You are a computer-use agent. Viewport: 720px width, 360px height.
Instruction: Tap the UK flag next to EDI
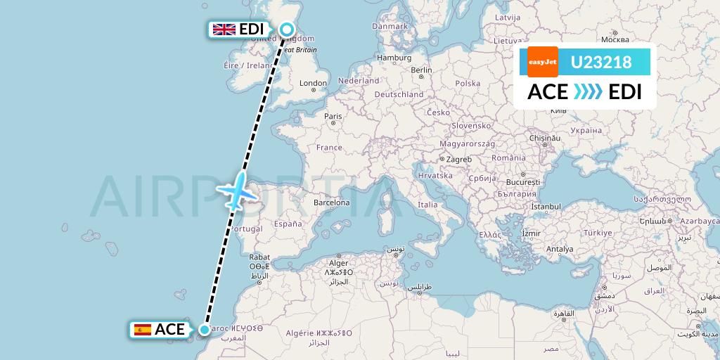[x=224, y=29]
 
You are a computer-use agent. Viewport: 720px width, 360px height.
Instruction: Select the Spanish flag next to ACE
[x=143, y=329]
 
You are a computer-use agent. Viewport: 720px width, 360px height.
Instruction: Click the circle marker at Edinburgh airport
[x=287, y=29]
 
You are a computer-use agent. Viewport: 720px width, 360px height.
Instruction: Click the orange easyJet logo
[x=542, y=62]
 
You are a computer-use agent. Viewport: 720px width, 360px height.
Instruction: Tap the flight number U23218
[x=600, y=63]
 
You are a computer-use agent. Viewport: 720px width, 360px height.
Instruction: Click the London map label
[x=313, y=83]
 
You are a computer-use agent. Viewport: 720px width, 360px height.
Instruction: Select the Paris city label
[x=333, y=116]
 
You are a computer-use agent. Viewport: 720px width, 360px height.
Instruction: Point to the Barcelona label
[x=332, y=202]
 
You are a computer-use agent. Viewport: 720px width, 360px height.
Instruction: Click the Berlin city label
[x=421, y=70]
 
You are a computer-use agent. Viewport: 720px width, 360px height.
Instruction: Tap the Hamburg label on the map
[x=394, y=58]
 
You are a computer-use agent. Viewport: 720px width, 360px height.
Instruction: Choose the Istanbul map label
[x=546, y=207]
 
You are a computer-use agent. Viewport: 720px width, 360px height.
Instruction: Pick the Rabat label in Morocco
[x=259, y=257]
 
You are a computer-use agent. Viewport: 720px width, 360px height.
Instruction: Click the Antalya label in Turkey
[x=560, y=249]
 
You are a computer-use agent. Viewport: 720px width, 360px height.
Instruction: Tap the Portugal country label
[x=247, y=229]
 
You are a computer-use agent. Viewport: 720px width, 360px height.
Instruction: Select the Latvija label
[x=507, y=16]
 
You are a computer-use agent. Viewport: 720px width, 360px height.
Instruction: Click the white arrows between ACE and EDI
[x=588, y=92]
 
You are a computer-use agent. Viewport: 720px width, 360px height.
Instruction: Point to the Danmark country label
[x=390, y=26]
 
